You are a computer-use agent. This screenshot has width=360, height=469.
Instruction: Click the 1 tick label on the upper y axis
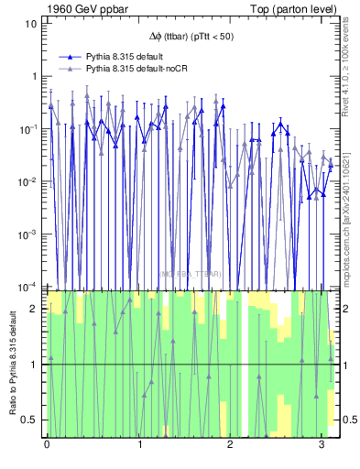[33, 76]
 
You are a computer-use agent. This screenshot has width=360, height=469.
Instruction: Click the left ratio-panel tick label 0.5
[30, 420]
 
